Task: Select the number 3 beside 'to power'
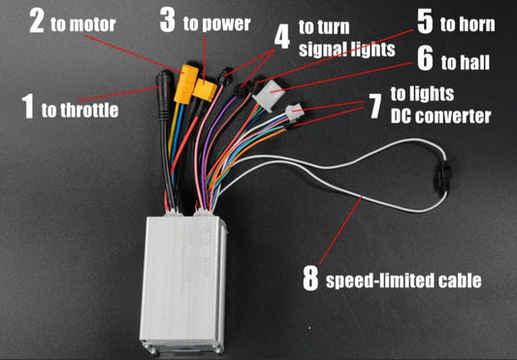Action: (x=167, y=20)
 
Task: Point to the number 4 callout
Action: (x=281, y=38)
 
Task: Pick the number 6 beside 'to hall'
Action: (x=426, y=59)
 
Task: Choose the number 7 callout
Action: (x=372, y=105)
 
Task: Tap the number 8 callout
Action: (x=310, y=279)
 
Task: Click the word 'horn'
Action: (x=479, y=22)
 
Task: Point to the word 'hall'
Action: (x=476, y=62)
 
